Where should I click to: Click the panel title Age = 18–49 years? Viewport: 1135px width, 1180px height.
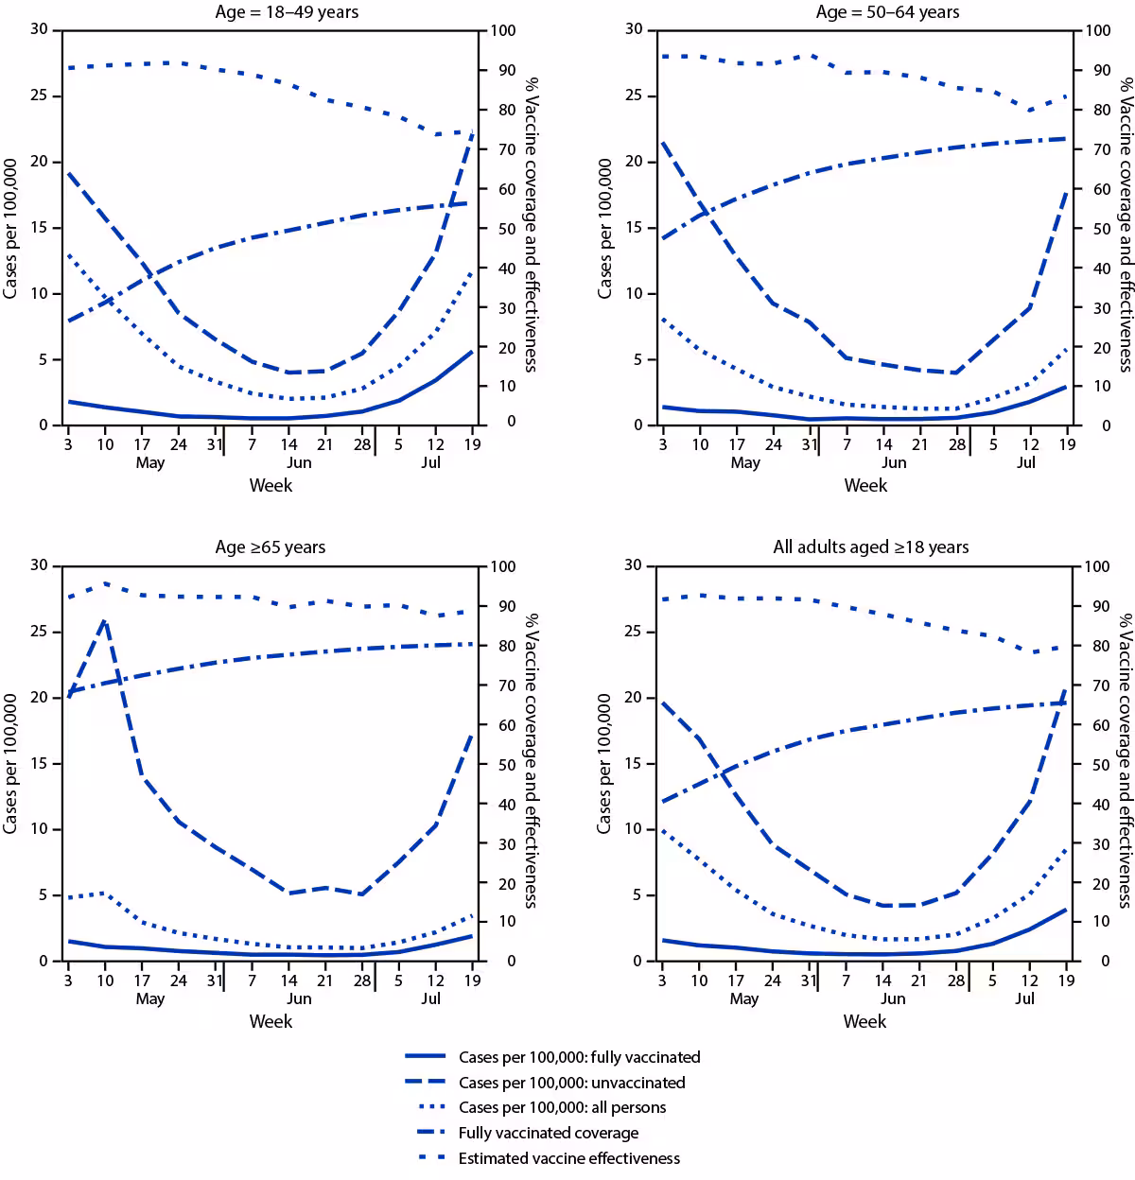288,12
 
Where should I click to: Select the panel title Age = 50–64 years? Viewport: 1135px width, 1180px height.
887,12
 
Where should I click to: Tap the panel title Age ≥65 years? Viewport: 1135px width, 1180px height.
271,547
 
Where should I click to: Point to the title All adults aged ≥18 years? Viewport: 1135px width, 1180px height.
870,547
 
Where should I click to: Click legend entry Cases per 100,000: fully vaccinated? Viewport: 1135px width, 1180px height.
579,1058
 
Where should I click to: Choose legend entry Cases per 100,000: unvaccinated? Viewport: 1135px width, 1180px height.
571,1084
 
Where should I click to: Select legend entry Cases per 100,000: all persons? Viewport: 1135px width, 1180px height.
562,1108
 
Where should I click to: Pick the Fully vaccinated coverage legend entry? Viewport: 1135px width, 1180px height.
548,1133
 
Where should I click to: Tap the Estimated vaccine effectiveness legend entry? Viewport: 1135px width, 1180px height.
568,1158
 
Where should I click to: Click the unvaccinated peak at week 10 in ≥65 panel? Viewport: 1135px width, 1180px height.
105,620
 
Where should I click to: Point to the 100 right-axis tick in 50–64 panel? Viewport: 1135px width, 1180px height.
1097,31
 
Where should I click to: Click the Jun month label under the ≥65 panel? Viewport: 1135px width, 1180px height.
299,998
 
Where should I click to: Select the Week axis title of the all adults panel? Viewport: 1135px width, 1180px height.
864,1021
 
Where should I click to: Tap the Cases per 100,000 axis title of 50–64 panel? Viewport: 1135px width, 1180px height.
605,228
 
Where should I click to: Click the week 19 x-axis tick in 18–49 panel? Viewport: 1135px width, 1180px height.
472,444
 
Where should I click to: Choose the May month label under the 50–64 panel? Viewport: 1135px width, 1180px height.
745,462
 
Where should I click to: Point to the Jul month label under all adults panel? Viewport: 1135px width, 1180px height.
1025,998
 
